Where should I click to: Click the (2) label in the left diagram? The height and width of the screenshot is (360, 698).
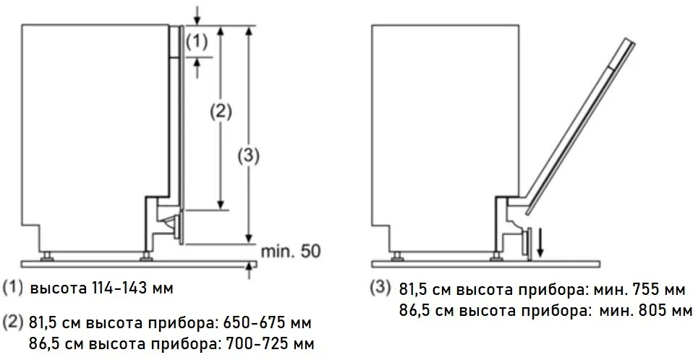click(x=220, y=111)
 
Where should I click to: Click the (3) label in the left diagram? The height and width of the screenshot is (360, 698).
click(x=249, y=155)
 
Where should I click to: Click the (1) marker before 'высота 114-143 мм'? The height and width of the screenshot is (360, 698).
click(x=13, y=288)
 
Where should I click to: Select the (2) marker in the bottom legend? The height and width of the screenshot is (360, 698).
click(x=13, y=321)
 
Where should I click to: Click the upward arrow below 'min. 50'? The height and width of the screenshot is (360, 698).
click(x=249, y=270)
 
